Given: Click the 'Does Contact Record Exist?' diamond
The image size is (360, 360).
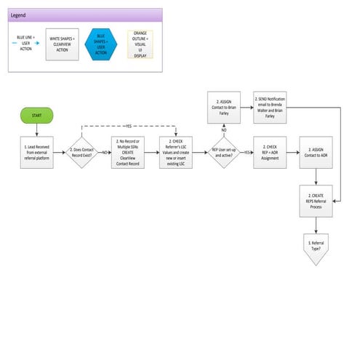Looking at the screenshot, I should [x=81, y=152].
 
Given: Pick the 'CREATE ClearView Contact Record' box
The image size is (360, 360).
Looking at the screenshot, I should [x=129, y=152].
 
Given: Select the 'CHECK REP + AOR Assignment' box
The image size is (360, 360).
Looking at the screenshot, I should [x=269, y=152].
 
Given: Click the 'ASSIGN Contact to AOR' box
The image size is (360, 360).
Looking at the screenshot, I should [x=316, y=152].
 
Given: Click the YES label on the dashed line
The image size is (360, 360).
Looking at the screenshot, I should [x=129, y=126].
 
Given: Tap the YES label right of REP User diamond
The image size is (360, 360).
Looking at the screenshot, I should [x=247, y=153].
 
